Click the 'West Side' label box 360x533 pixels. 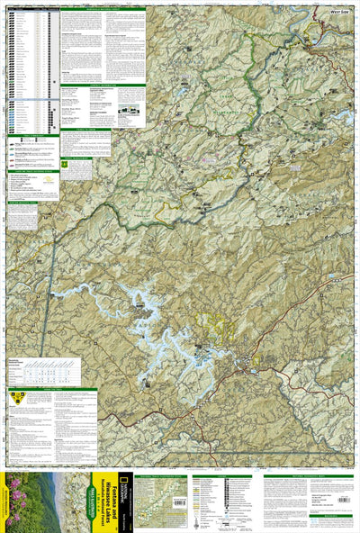click(x=337, y=11)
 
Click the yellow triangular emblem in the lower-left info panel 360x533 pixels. click(x=15, y=396)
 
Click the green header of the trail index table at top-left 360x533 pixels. click(x=31, y=9)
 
